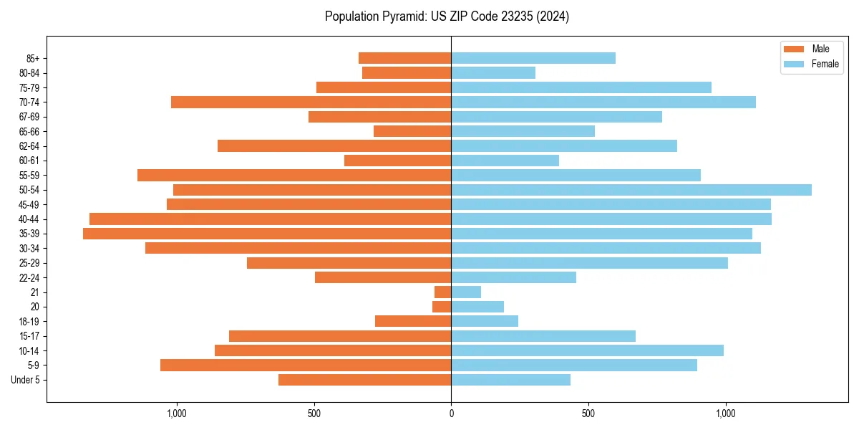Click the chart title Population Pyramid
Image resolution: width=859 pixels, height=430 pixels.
point(447,16)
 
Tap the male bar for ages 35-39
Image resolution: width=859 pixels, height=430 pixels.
point(267,234)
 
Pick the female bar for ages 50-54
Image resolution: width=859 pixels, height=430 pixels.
point(631,190)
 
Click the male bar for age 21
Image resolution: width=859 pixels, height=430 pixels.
point(443,292)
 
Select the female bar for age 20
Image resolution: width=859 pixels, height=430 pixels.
point(477,307)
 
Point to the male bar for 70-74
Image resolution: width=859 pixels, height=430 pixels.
point(311,102)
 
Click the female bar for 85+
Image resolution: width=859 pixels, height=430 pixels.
point(533,58)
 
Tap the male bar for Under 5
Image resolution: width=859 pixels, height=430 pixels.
point(365,380)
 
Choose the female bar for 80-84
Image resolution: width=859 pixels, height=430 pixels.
point(493,73)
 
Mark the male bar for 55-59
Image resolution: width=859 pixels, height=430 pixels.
point(294,176)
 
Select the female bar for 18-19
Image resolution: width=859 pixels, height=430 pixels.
point(485,321)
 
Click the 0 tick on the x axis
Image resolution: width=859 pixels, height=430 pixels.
point(451,414)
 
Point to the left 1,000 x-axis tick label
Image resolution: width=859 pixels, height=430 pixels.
point(176,414)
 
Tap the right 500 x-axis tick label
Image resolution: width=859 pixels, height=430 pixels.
point(588,414)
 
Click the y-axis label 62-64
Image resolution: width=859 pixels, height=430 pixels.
point(29,146)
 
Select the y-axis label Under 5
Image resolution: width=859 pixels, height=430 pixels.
point(25,380)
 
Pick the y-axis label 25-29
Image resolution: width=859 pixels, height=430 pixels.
point(29,263)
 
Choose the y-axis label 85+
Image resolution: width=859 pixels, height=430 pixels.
point(31,58)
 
